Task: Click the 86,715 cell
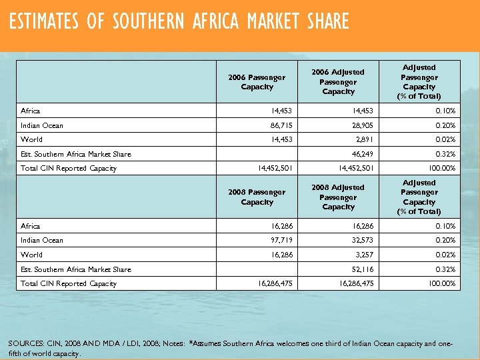pos(280,125)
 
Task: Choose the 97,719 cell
pos(280,241)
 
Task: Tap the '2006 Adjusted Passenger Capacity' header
pos(338,81)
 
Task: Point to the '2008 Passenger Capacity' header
pos(257,197)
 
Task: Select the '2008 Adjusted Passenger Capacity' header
pos(338,197)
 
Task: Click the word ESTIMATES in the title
pos(44,22)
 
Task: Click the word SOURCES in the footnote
pos(27,344)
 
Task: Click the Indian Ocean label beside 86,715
pos(42,125)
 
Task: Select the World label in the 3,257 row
pos(31,255)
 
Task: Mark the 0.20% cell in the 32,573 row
pos(446,241)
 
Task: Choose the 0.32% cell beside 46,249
pos(446,154)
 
